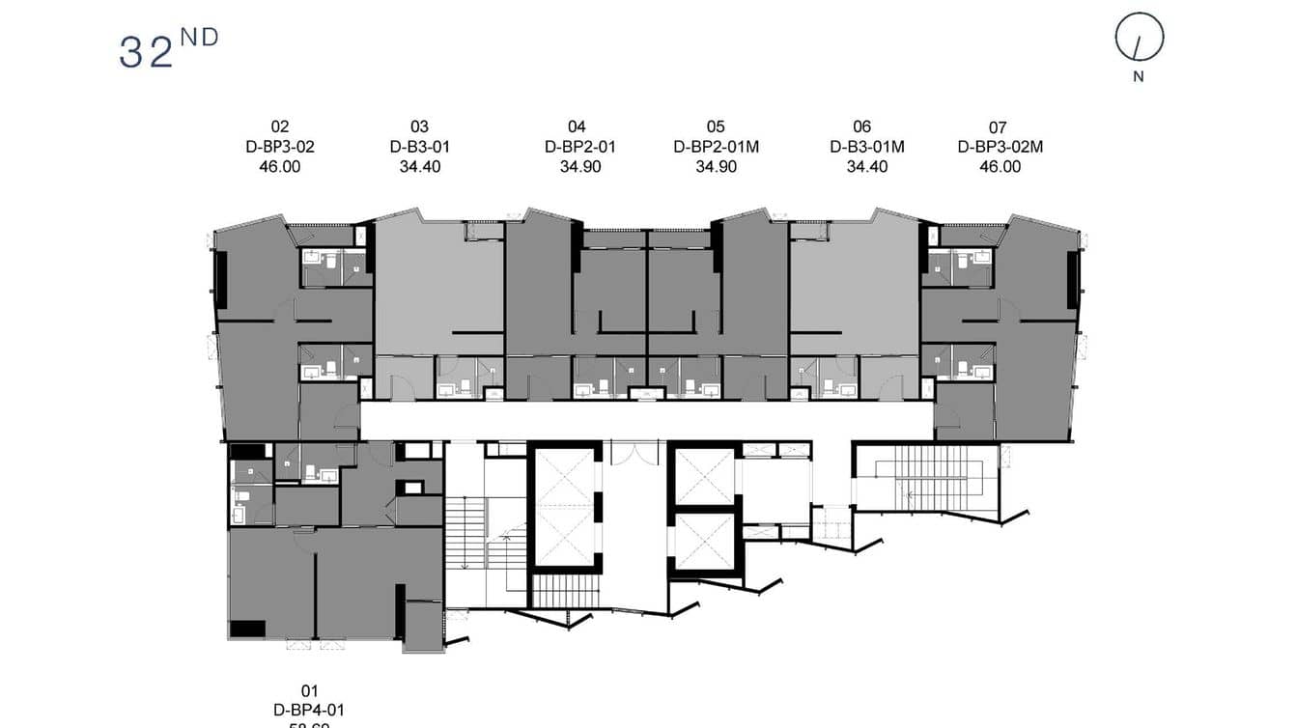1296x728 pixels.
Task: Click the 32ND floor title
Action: [168, 49]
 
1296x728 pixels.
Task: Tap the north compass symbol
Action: [1139, 39]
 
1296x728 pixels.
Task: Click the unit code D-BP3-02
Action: [280, 147]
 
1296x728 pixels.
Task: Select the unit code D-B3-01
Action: [419, 147]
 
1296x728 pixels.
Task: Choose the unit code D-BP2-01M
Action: [716, 147]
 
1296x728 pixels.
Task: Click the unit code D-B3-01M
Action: [866, 147]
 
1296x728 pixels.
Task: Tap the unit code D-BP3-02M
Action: [1000, 147]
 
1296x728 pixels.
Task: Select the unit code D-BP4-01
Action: [308, 710]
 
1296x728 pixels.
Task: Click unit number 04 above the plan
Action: [577, 126]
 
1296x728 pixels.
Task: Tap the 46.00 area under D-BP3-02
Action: [280, 167]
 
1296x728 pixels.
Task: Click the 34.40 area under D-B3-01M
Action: [866, 167]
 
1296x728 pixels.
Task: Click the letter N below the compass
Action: [1139, 77]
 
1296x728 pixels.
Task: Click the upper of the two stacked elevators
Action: [703, 475]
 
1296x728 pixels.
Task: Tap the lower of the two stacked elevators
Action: [703, 541]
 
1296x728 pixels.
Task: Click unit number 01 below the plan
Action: [309, 690]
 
